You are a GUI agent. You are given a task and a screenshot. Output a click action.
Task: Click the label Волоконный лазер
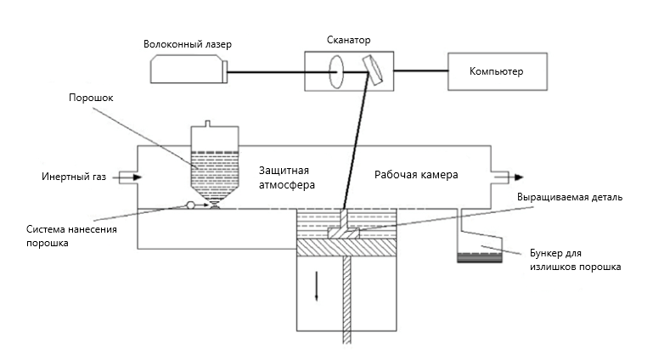point(188,44)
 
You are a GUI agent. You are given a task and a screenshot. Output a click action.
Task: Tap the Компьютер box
point(498,71)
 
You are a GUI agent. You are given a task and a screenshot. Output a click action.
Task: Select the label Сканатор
point(348,40)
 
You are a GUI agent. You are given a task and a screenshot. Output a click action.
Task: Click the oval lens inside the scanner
point(336,72)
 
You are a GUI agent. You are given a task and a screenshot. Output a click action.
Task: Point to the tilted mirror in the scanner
point(372,70)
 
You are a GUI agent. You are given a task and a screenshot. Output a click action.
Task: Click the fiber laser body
point(189,70)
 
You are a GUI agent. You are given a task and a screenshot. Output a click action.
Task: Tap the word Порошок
point(91,98)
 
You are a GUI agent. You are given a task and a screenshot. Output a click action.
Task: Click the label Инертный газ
point(74,177)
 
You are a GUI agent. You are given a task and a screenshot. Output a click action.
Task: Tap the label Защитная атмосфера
point(286,177)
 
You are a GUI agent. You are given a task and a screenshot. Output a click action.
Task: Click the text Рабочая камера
point(416,175)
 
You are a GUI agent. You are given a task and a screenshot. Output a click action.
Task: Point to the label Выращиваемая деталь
point(570,197)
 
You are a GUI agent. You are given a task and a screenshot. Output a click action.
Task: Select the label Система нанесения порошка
point(71,236)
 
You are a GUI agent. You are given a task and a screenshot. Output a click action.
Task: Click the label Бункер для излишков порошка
point(575,260)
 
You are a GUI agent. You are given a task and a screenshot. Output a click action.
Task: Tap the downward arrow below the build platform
point(317,286)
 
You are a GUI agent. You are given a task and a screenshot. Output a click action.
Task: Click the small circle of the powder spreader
point(191,205)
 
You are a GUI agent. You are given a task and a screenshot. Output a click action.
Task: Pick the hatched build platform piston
point(346,247)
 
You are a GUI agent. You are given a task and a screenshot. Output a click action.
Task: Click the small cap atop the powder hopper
point(208,124)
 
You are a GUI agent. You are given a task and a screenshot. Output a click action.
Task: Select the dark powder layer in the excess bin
point(479,257)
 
